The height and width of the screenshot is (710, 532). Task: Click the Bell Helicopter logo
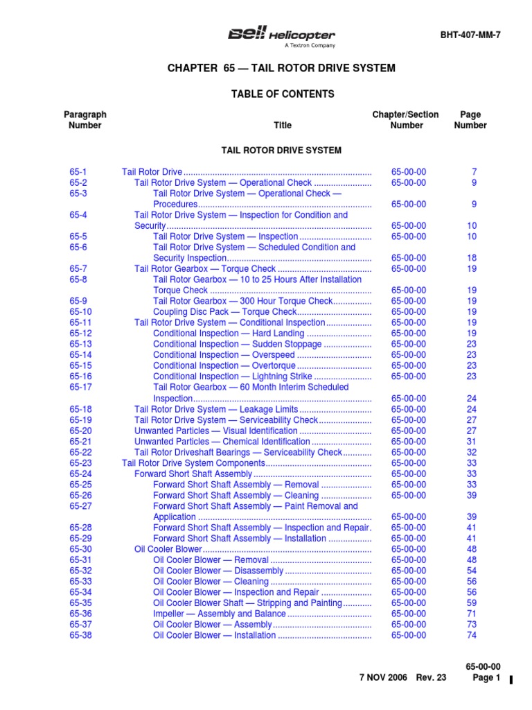(x=282, y=36)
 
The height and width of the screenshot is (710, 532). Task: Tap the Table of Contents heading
(x=282, y=94)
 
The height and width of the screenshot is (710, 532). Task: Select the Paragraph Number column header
(x=85, y=120)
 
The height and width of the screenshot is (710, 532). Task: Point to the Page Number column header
(x=470, y=120)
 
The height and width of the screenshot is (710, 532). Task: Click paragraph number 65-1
(x=78, y=171)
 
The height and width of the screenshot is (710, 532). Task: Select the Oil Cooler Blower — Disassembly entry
(x=218, y=571)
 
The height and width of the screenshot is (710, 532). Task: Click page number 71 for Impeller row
(x=472, y=614)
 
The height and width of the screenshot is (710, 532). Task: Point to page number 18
(x=472, y=258)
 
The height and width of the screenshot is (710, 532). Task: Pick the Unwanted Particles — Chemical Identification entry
(x=222, y=442)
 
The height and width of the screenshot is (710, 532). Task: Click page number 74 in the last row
(x=472, y=635)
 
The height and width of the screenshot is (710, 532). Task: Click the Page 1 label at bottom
(x=486, y=678)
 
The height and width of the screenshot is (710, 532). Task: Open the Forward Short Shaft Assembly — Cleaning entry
(x=236, y=496)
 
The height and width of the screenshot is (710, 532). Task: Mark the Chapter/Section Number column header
(x=406, y=120)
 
